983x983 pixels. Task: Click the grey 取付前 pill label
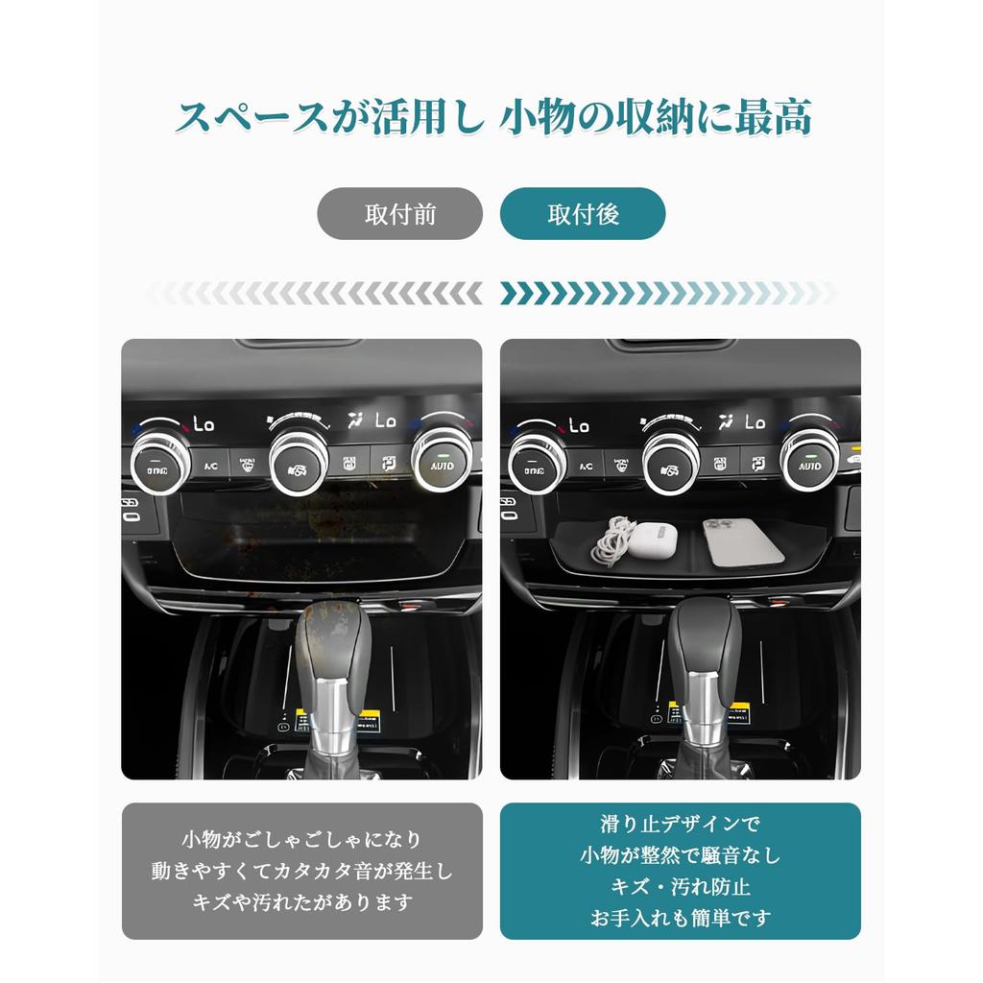pos(399,214)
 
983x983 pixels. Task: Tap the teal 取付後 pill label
pos(583,214)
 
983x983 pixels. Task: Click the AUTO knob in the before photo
pos(441,462)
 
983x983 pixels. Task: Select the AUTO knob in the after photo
pos(810,462)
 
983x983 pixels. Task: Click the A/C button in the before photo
pos(211,466)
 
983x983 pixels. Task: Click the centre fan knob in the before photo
pos(299,464)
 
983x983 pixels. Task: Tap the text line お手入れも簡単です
pos(680,918)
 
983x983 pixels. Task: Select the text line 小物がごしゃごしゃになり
pos(301,840)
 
